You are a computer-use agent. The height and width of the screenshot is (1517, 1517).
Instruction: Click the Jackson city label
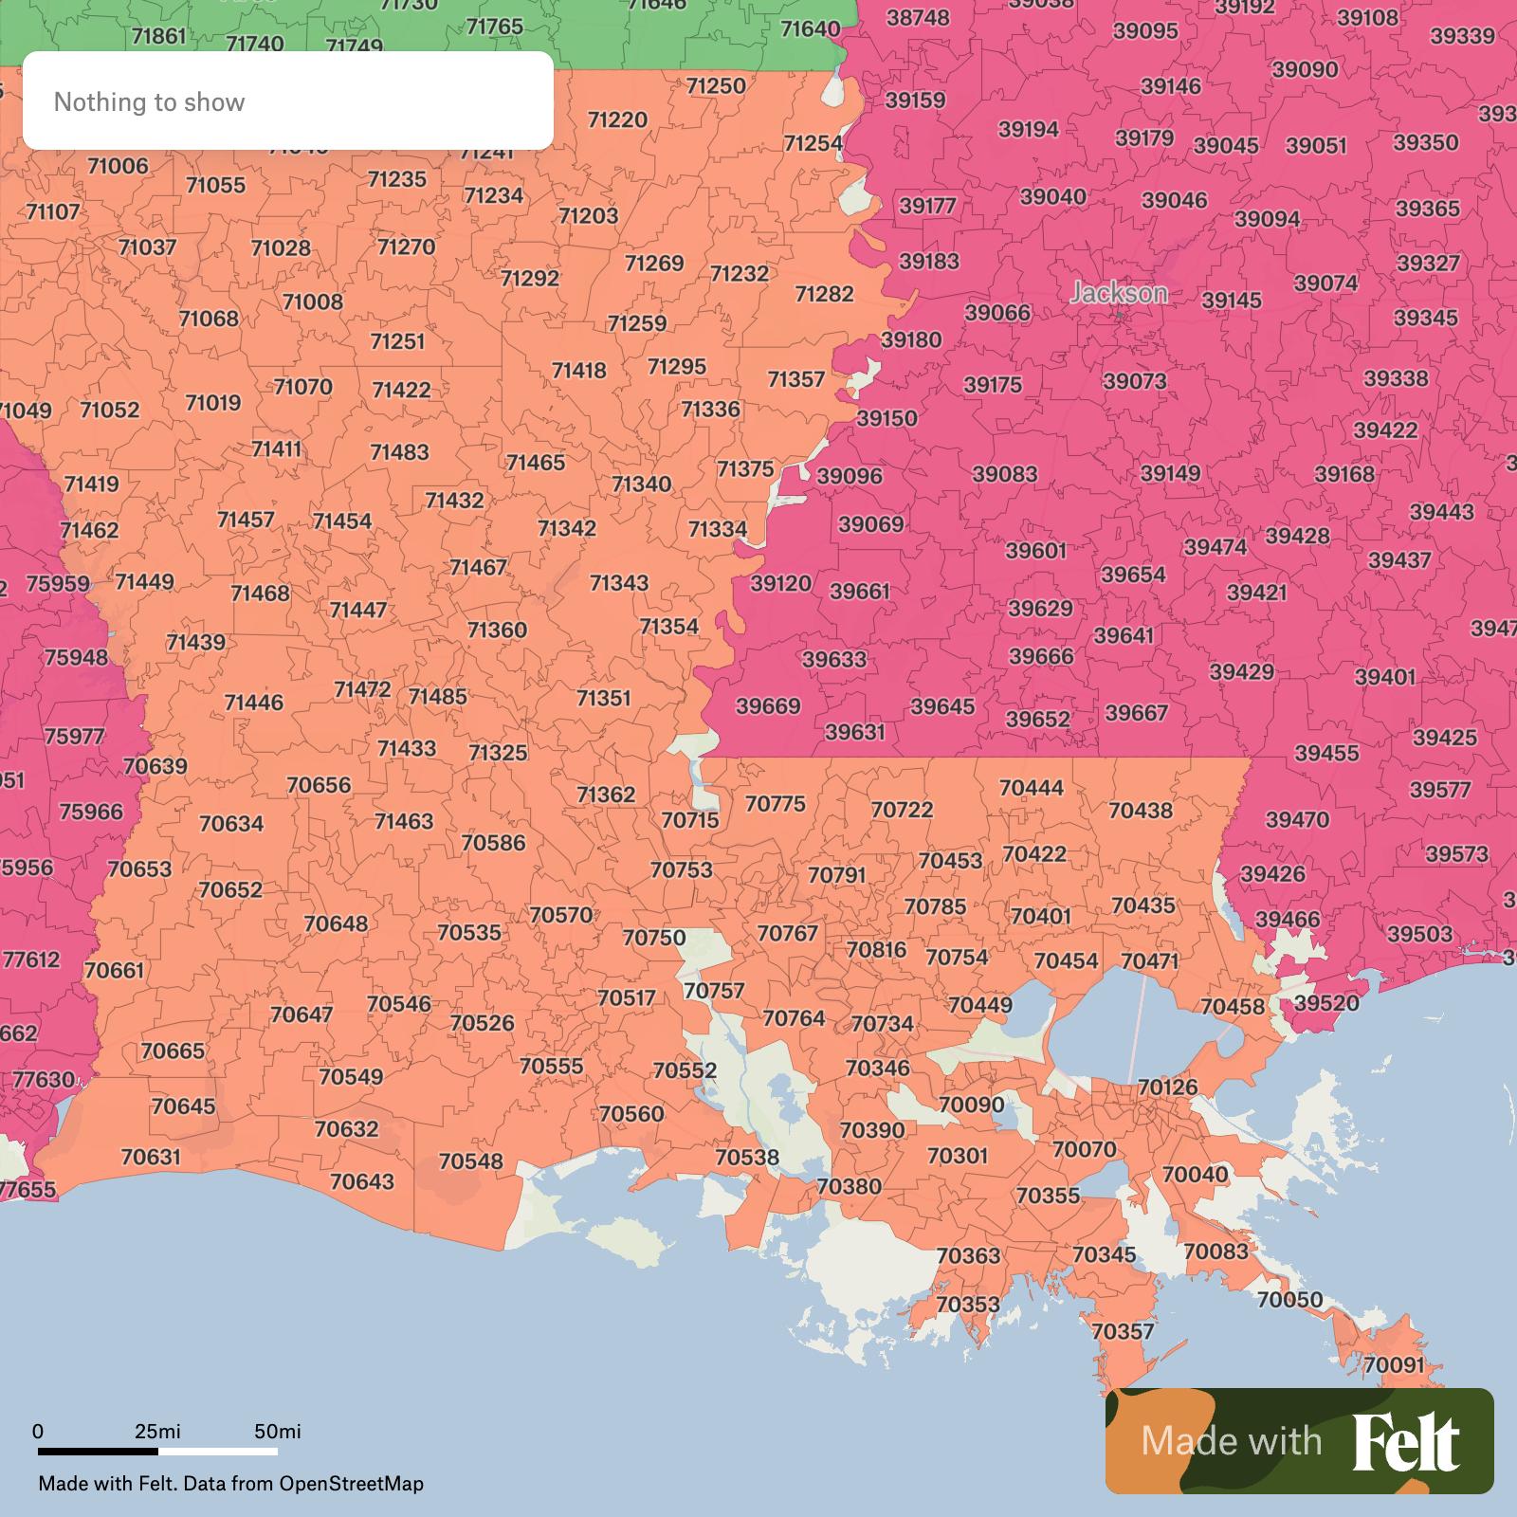[1119, 293]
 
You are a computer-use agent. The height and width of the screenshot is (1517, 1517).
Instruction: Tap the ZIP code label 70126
[1167, 1087]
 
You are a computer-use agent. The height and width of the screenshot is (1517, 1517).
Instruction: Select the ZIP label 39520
[1326, 1003]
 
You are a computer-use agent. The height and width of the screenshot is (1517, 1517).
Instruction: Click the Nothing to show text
[149, 101]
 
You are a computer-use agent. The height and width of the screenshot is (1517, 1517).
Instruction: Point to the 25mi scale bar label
[157, 1431]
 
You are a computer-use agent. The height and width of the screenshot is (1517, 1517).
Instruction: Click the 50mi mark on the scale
[278, 1431]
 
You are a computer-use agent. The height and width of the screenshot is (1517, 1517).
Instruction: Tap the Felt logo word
[1406, 1441]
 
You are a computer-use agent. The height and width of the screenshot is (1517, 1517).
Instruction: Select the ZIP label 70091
[1394, 1365]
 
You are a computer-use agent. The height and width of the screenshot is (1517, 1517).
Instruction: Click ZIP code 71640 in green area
[810, 28]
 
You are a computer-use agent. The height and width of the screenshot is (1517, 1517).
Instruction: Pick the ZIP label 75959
[58, 584]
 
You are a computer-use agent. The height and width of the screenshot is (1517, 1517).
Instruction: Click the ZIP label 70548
[471, 1161]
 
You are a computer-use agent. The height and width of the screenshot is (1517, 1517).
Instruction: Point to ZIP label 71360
[497, 630]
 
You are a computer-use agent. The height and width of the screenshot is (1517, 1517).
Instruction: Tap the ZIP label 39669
[768, 706]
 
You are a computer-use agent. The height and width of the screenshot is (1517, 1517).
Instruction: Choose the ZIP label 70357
[1123, 1331]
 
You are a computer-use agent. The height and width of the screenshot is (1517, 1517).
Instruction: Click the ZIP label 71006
[118, 166]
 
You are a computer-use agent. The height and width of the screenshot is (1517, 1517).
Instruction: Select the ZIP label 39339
[1462, 36]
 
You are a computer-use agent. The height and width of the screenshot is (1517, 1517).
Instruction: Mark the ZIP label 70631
[151, 1157]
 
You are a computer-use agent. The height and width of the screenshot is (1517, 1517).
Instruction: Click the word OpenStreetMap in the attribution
[351, 1484]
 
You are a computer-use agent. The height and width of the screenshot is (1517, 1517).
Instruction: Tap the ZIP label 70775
[775, 804]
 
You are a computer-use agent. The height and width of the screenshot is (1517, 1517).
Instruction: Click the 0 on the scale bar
[38, 1431]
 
